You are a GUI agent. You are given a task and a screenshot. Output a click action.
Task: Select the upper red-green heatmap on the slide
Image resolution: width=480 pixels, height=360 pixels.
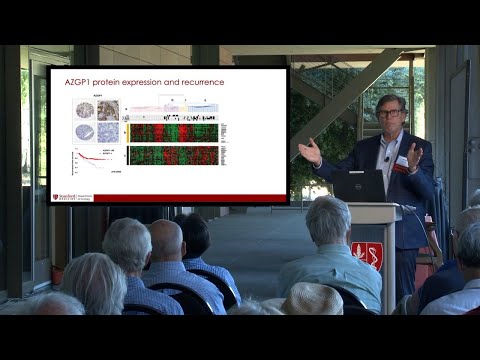pos(172,132)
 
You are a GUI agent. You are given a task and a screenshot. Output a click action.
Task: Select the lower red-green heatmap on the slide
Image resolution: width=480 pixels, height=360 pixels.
pos(172,155)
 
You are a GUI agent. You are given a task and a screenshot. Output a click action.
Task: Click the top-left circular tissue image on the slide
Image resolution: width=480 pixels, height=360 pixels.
pos(85,110)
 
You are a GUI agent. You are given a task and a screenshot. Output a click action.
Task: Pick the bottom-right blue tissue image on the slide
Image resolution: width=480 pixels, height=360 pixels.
pos(108,132)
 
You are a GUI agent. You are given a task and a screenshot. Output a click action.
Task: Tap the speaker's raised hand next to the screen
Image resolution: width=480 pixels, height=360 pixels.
pos(310,151)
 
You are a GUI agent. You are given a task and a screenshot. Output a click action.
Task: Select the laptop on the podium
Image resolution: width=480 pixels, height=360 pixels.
pos(359,186)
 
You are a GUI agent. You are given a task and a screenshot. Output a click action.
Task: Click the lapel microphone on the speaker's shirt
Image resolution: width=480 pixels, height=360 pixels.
pos(386,158)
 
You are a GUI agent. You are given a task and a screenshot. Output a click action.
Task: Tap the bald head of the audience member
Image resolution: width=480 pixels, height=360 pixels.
pos(167,240)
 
